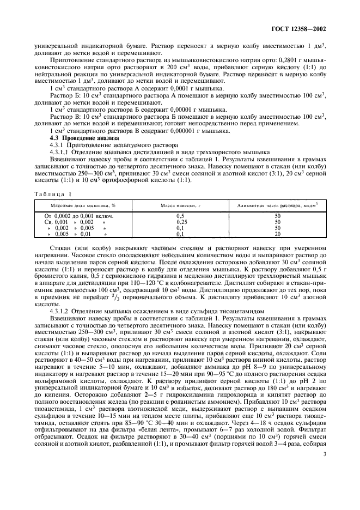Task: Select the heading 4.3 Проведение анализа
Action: tap(74, 139)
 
